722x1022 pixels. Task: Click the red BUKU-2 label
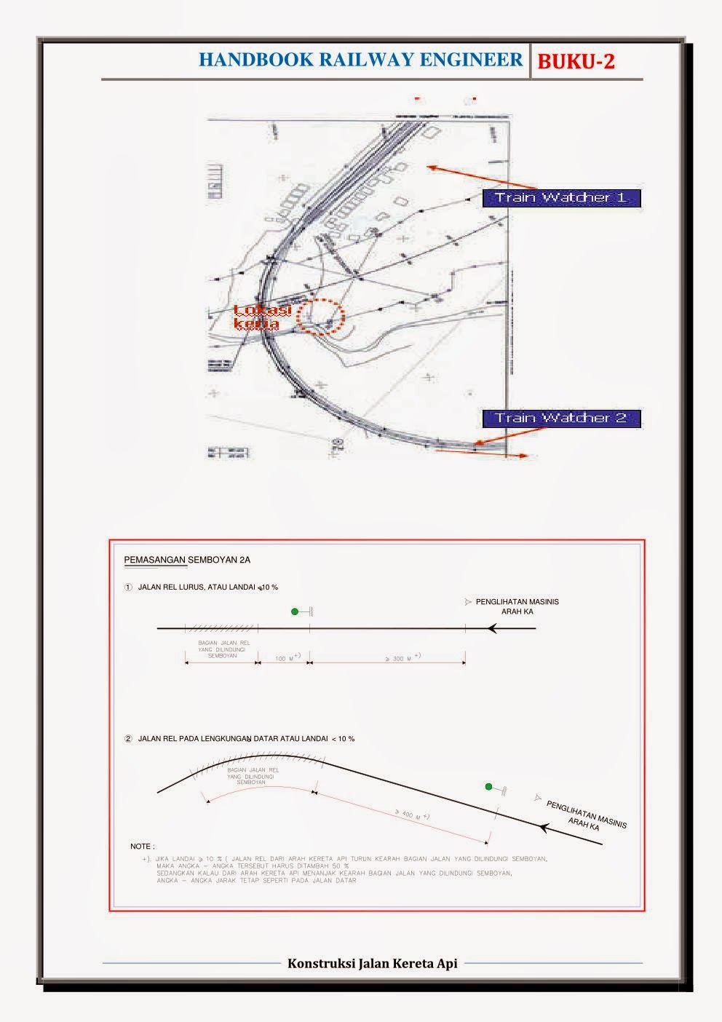[x=576, y=62]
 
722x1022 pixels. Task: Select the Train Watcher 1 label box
[x=561, y=198]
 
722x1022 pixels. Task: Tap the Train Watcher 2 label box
[x=561, y=419]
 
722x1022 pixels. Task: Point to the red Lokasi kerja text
[x=262, y=317]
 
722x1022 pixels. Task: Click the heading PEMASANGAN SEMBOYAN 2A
[x=188, y=560]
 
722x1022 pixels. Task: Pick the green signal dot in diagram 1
[x=294, y=612]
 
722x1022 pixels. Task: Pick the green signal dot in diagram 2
[x=489, y=788]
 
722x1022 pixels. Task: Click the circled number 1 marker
[x=128, y=587]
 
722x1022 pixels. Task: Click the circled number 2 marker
[x=128, y=739]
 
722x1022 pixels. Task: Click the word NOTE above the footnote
[x=142, y=847]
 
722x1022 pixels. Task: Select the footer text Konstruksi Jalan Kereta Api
[x=372, y=963]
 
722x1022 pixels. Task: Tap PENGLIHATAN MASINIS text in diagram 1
[x=517, y=602]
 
